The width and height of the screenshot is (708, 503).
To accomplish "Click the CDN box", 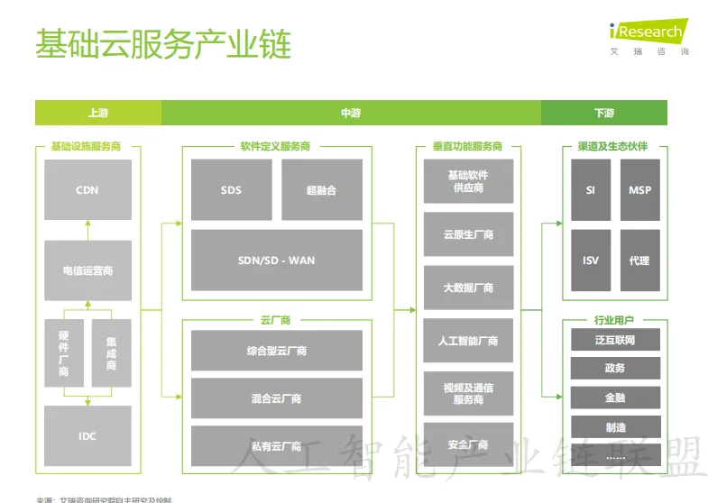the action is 87,190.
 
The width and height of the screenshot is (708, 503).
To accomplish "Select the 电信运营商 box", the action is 87,270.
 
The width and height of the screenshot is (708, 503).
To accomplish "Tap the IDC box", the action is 87,436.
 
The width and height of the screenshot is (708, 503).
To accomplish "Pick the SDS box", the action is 231,190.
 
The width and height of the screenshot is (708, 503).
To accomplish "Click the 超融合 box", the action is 321,190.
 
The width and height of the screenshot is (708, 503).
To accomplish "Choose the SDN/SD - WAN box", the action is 276,261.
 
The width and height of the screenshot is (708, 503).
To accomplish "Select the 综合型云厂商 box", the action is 276,351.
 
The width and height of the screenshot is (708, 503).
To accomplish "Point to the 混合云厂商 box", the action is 276,398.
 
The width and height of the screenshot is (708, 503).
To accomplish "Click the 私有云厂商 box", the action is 276,445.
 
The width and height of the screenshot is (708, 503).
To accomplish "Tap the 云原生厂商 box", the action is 468,235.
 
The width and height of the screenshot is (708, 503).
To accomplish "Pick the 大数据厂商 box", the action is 468,288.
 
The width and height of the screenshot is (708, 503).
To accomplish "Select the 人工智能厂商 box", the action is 468,341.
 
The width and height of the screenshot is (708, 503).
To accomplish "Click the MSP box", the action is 639,190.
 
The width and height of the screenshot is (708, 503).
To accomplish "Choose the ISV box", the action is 591,261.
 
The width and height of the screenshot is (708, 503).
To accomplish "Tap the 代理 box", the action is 639,261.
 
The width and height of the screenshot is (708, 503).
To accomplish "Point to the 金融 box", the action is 615,398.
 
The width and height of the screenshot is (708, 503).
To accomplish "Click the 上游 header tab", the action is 98,114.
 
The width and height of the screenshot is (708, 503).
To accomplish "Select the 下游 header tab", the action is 604,114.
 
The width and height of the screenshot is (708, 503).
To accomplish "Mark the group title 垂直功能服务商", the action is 467,146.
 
